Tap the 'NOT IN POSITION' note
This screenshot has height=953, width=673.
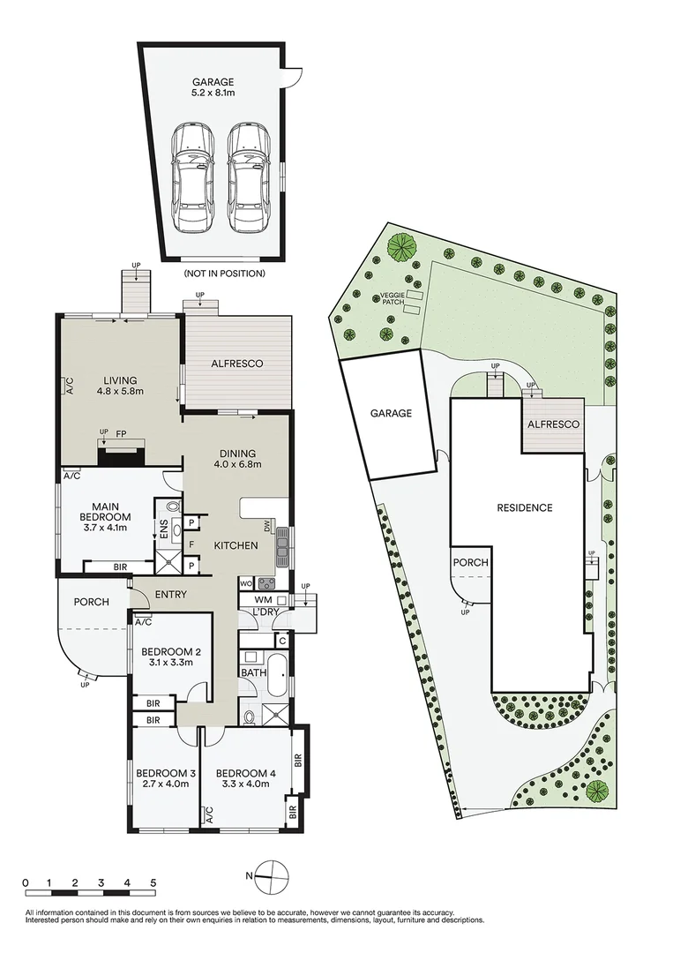click(224, 274)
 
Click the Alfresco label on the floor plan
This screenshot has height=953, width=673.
click(236, 364)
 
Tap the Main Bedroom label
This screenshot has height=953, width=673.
click(105, 517)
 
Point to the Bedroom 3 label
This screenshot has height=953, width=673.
click(165, 779)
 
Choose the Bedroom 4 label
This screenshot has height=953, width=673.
click(246, 779)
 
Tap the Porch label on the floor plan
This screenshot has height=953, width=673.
click(91, 602)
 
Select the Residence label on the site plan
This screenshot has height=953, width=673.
click(524, 507)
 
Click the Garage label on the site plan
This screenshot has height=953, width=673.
click(391, 413)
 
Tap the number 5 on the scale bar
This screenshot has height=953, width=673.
click(153, 882)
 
